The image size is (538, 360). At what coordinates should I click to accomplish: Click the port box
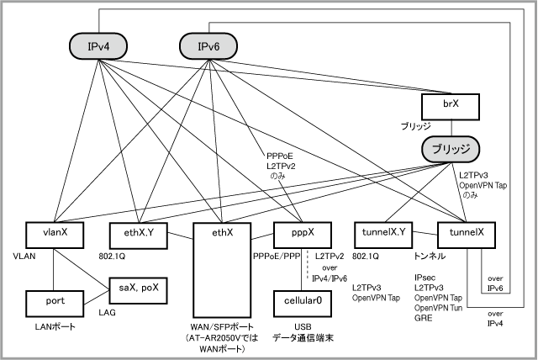pyautogui.click(x=55, y=299)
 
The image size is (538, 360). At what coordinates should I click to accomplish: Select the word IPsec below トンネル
pyautogui.click(x=425, y=276)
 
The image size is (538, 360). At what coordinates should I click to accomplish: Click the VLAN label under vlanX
pyautogui.click(x=23, y=255)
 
